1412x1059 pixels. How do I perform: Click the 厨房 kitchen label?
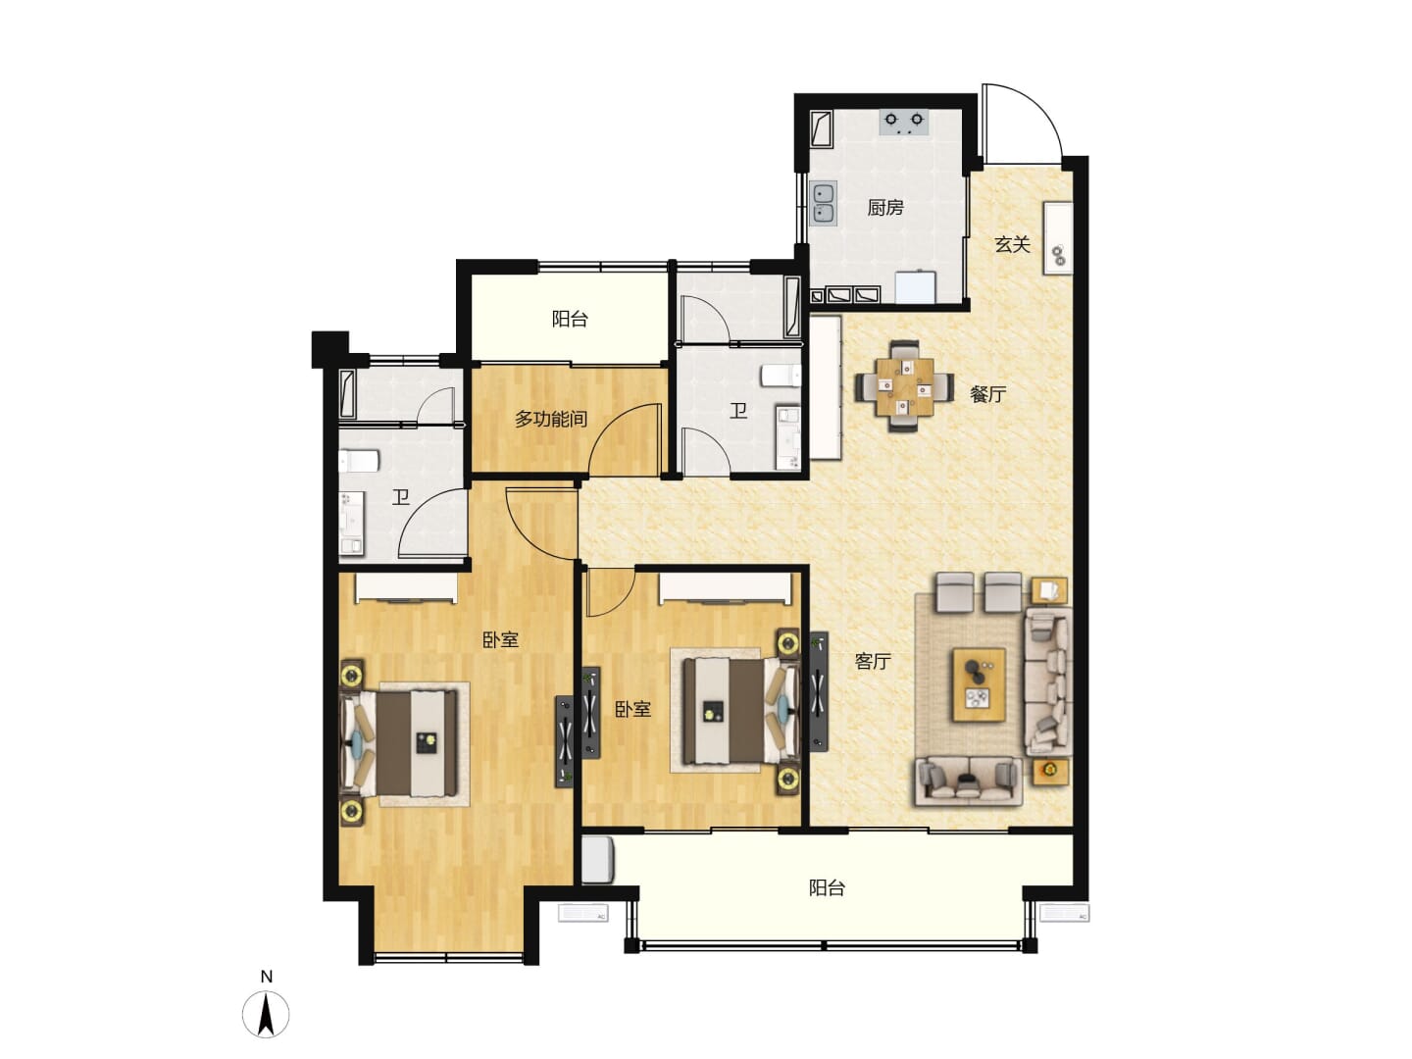coord(884,208)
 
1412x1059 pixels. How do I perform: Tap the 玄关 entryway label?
coord(1012,244)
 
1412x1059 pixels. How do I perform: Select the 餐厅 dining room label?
coord(987,394)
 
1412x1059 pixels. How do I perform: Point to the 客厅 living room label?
coord(873,661)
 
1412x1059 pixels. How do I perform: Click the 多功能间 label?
coord(551,420)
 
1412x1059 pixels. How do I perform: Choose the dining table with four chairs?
coord(904,385)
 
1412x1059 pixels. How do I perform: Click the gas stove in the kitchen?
coord(904,123)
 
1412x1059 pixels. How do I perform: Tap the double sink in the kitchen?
coord(823,203)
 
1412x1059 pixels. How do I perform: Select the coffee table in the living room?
coord(978,684)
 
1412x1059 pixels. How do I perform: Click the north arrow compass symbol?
coord(266,1014)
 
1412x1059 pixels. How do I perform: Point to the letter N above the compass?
coord(267,977)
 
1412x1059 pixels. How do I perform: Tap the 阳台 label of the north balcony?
coord(570,319)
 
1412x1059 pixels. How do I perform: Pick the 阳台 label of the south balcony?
coord(826,888)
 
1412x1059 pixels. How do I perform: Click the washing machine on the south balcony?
coord(597,859)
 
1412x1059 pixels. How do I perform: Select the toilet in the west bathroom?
coord(358,461)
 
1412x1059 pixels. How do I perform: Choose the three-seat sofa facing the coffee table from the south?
coord(968,781)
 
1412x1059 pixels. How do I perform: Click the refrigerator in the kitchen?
coord(916,286)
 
